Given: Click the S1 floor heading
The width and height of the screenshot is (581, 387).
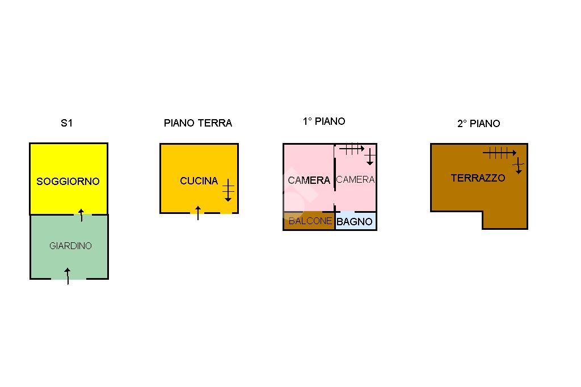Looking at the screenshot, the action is [67, 123].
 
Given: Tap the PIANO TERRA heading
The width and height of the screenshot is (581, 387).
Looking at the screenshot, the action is [198, 123].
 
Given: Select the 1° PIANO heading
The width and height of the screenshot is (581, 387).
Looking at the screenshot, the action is [324, 121].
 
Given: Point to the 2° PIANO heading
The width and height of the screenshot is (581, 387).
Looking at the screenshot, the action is [479, 124].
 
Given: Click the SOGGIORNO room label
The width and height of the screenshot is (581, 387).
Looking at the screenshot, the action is [68, 181].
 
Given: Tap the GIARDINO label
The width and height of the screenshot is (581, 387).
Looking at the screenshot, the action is [70, 246].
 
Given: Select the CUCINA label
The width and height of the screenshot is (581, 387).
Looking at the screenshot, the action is [199, 181].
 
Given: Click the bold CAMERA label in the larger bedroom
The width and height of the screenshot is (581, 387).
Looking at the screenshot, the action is [309, 180].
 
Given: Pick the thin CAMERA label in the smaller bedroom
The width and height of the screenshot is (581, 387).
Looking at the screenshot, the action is [355, 180].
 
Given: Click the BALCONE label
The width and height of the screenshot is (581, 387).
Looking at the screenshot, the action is [310, 221].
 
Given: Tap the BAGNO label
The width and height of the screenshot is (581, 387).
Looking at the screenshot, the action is [355, 222].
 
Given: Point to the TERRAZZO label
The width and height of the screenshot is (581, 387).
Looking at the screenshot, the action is [478, 178].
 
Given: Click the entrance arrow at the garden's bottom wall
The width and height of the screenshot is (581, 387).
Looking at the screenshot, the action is [68, 276].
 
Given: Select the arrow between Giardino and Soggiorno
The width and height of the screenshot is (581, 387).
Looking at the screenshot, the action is [82, 216].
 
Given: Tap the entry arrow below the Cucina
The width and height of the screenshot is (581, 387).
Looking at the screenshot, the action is [198, 213].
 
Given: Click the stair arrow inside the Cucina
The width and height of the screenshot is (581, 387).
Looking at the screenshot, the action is [228, 190].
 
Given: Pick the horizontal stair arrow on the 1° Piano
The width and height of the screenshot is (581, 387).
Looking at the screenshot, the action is [352, 149].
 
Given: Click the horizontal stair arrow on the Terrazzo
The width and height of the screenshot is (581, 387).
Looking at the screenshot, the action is [499, 152].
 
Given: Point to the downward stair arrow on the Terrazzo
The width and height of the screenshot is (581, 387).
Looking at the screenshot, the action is [519, 165].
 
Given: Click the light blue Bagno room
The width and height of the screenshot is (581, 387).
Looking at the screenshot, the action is [356, 221].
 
